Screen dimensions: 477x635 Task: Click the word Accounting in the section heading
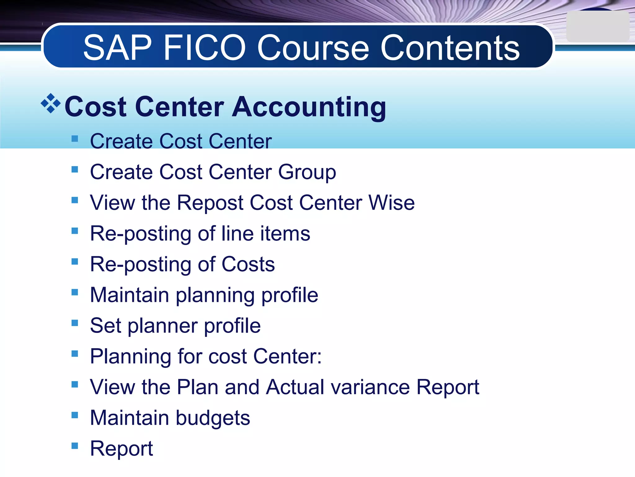[x=309, y=107]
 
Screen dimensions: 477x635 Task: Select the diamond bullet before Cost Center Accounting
[x=51, y=103]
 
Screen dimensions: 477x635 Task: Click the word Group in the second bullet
[x=307, y=172]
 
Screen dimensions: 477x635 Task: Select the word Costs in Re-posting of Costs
[x=248, y=264]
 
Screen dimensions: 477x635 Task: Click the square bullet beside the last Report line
[x=75, y=446]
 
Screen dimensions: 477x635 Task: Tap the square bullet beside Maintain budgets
[x=75, y=415]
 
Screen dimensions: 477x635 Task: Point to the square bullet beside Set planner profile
[x=75, y=323]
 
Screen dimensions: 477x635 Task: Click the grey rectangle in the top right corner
[x=597, y=27]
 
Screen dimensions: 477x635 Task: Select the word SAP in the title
[x=118, y=48]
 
